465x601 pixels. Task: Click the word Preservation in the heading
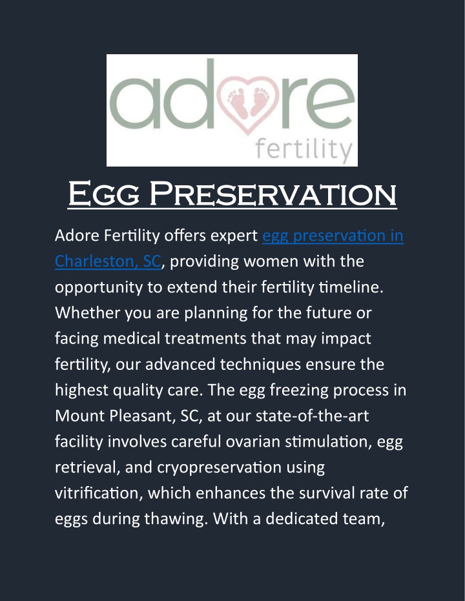[x=273, y=194]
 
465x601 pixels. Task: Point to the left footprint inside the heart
[x=238, y=103]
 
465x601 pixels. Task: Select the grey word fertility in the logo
[x=304, y=150]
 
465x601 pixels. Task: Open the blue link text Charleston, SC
[x=108, y=261]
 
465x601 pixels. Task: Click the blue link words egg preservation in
[x=333, y=236]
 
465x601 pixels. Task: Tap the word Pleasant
[x=141, y=416]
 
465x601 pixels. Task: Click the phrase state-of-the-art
[x=312, y=416]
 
